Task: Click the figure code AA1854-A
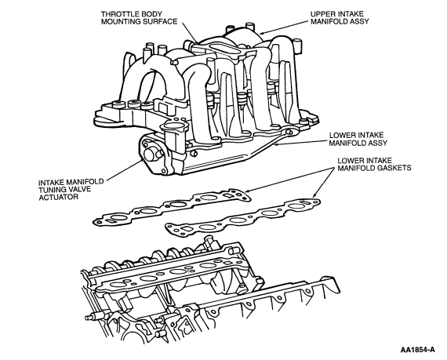pos(418,350)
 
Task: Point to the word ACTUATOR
pos(59,197)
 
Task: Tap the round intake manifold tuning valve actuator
pos(151,155)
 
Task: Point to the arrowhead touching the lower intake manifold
pos(275,145)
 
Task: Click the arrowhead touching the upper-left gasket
pos(247,191)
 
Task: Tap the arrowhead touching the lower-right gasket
pos(314,195)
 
